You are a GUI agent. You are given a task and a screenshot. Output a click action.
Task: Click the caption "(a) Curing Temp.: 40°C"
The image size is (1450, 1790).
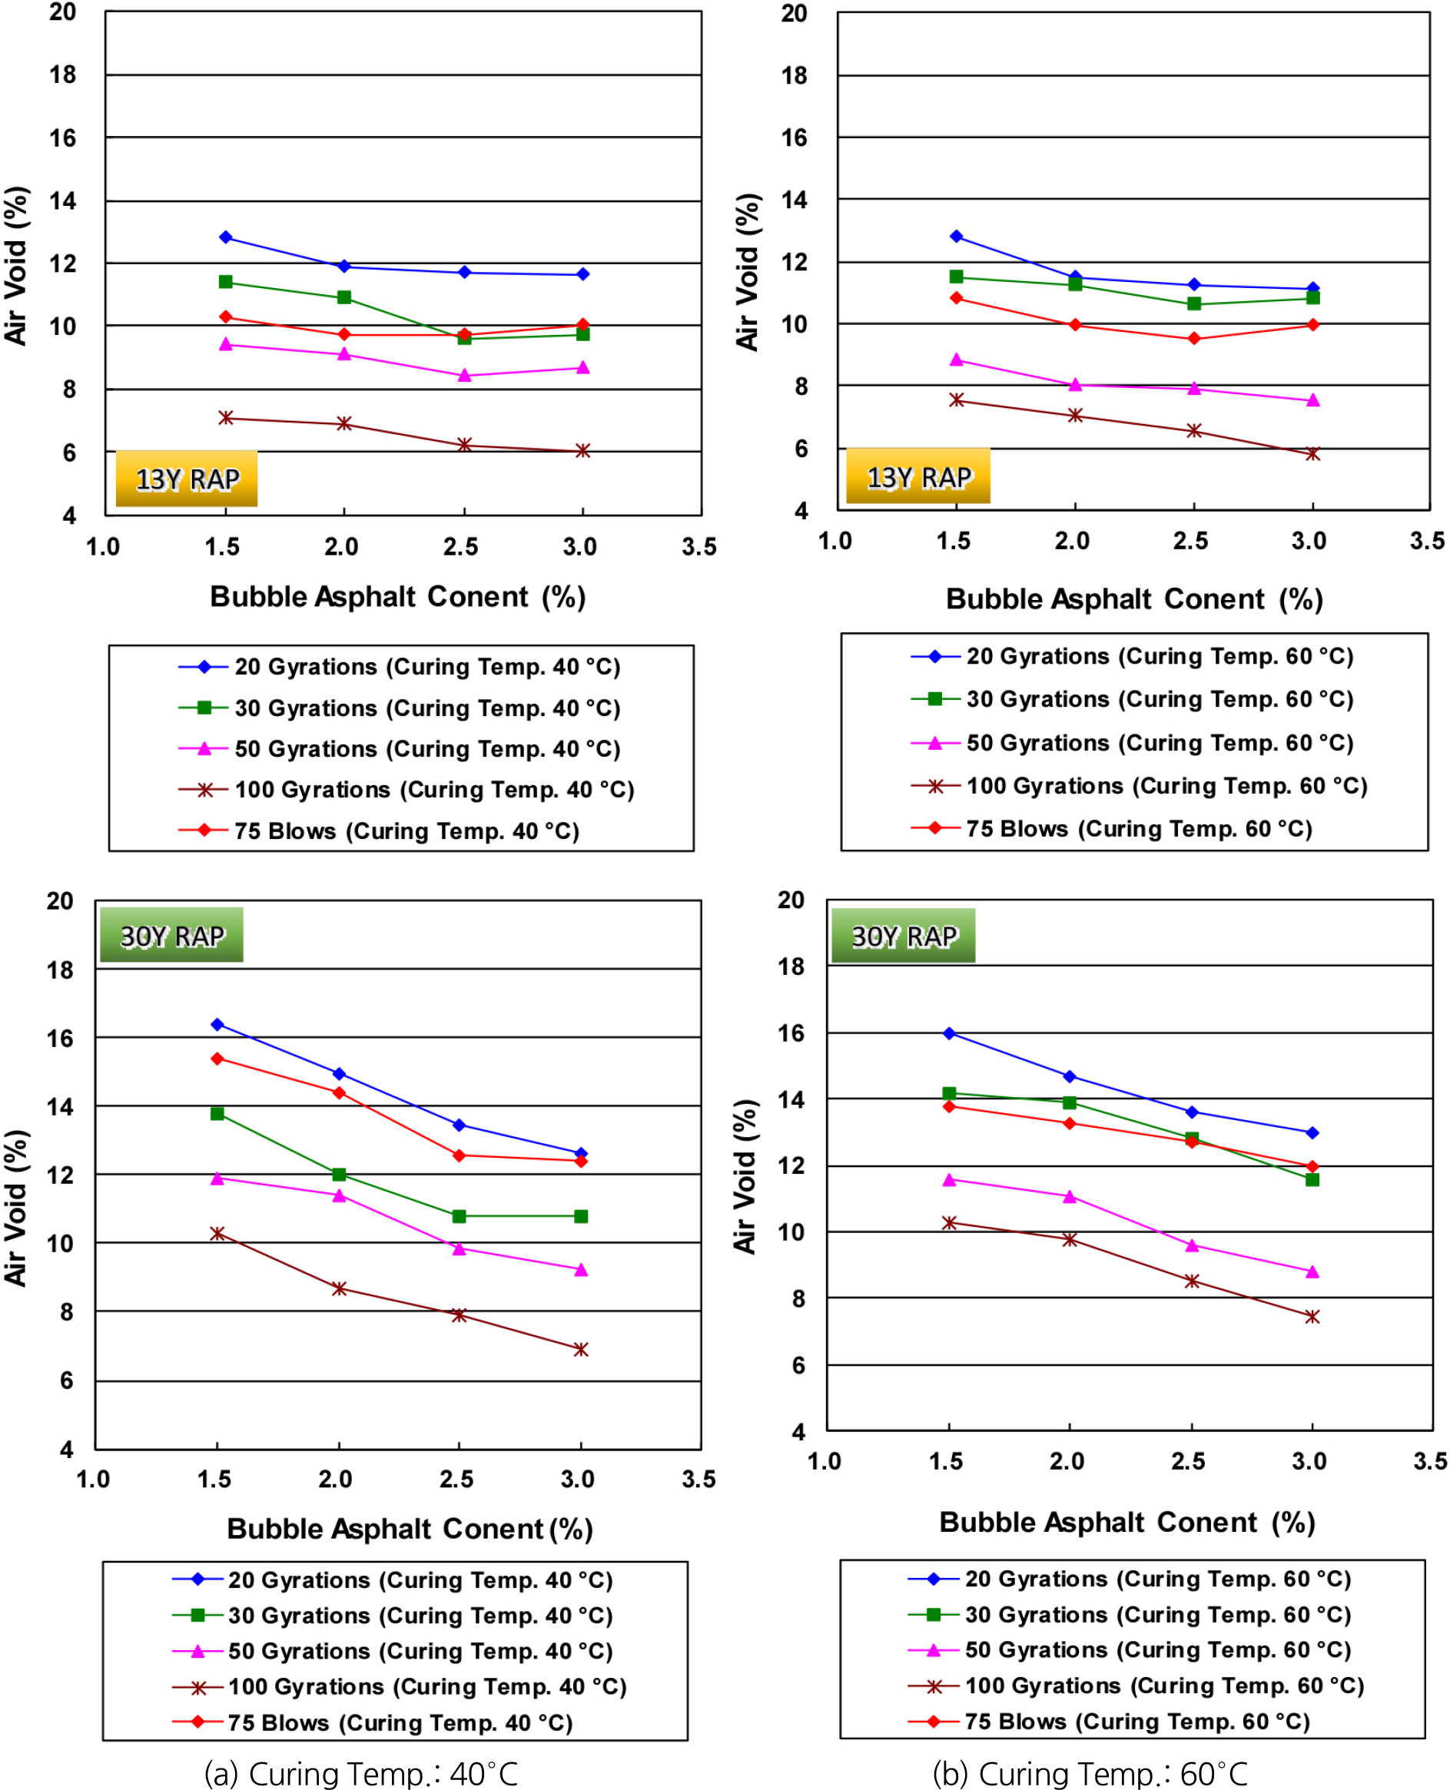coord(361,1772)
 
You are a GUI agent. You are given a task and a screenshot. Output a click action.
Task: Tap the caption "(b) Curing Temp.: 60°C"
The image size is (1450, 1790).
coord(1090,1772)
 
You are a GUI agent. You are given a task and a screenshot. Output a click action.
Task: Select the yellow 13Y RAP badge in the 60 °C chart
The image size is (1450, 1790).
coord(918,477)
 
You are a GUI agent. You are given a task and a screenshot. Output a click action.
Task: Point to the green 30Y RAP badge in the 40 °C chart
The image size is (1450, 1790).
coord(172,935)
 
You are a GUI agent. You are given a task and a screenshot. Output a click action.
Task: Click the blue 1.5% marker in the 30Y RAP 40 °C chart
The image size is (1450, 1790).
coord(217,1024)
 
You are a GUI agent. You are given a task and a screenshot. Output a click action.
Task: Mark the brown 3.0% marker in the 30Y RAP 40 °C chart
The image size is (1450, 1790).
coord(582,1349)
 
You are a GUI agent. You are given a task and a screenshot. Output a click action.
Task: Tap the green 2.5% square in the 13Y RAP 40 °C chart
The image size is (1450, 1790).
coord(464,338)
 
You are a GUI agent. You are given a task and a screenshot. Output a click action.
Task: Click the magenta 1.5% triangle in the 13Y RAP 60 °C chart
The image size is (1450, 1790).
coord(957,360)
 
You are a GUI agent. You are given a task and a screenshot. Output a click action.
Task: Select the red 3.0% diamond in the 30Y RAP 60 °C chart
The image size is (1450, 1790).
coord(1312,1166)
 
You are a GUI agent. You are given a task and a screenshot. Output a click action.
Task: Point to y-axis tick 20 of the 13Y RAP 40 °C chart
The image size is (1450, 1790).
coord(63,12)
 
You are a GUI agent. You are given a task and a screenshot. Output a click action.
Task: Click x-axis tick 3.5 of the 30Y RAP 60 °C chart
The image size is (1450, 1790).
coord(1429,1461)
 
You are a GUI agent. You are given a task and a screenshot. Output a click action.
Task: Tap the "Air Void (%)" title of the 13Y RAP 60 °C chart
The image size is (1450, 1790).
coord(748,272)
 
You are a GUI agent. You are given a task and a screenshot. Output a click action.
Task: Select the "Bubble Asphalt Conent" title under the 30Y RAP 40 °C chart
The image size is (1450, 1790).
coord(410,1529)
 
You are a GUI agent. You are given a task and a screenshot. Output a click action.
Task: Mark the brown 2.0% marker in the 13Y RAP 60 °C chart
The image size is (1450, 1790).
coord(1075,415)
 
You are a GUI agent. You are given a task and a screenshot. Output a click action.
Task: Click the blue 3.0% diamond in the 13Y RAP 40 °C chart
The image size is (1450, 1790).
coord(583,273)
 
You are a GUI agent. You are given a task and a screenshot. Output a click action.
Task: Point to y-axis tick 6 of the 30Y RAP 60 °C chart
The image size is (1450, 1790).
coord(798,1365)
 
